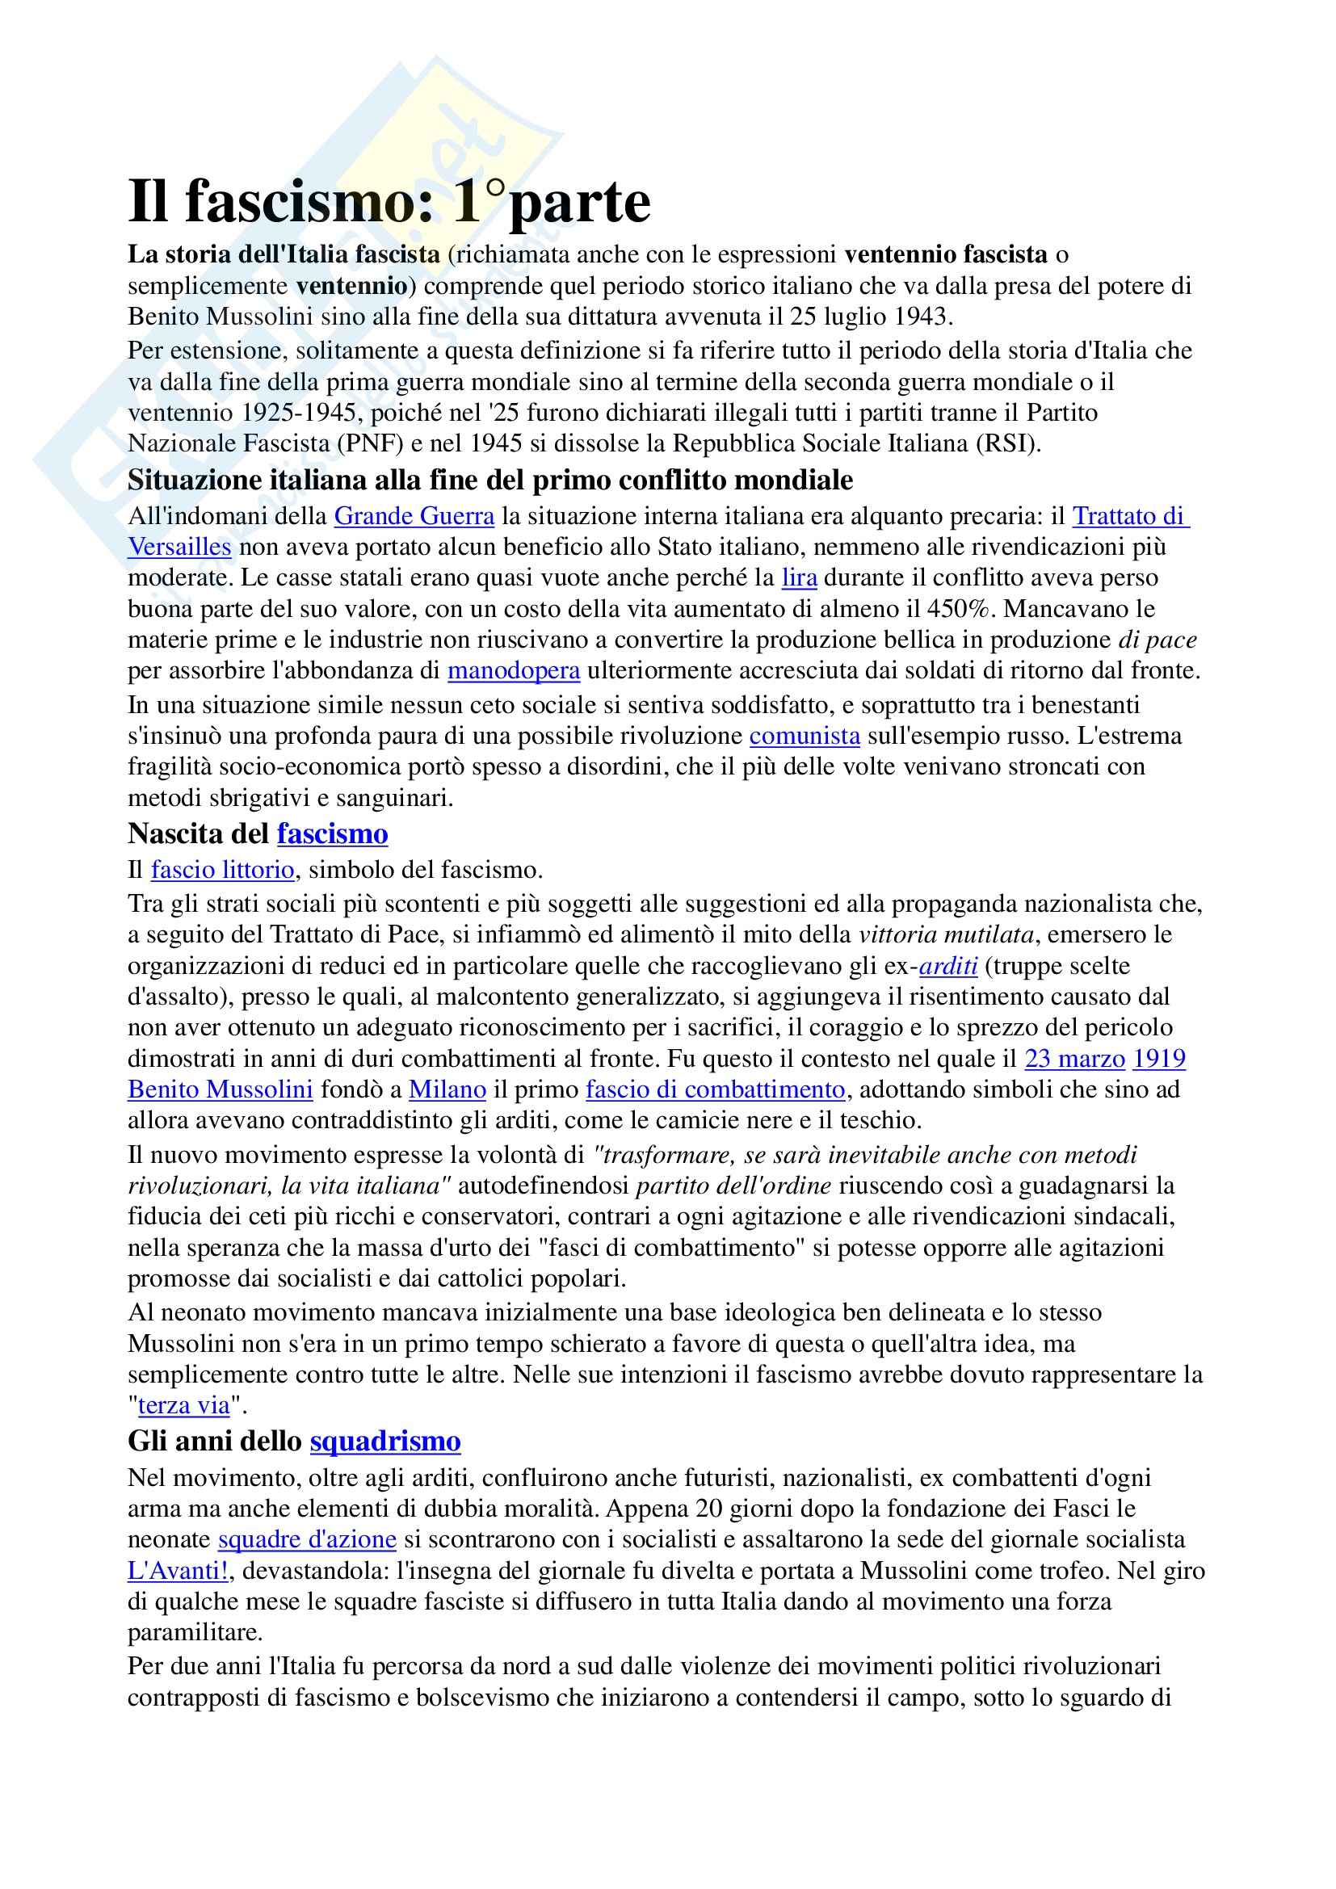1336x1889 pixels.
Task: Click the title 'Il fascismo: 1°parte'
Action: (x=389, y=203)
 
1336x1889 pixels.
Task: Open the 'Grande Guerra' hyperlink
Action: (x=414, y=517)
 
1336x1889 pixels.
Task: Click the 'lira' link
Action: (x=799, y=578)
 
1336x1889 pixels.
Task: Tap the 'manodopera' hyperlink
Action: (x=515, y=670)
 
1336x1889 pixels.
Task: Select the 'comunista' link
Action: (x=805, y=736)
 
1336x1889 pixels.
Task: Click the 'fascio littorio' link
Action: (x=222, y=870)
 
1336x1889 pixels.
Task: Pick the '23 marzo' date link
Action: (x=1075, y=1058)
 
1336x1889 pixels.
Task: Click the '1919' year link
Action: (x=1159, y=1058)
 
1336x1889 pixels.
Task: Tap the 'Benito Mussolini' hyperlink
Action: (x=221, y=1089)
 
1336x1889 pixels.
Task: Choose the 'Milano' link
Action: (x=447, y=1089)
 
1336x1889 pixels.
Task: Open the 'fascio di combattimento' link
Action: (x=715, y=1089)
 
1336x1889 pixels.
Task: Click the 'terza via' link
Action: (x=183, y=1405)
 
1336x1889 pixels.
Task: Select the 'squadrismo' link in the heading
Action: (x=385, y=1442)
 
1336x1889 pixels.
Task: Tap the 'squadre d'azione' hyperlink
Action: (x=308, y=1539)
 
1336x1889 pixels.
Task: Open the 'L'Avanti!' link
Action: (x=178, y=1571)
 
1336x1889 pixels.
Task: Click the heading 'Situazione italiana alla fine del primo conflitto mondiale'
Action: (x=490, y=481)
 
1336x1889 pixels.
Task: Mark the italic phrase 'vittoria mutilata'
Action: (x=944, y=934)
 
